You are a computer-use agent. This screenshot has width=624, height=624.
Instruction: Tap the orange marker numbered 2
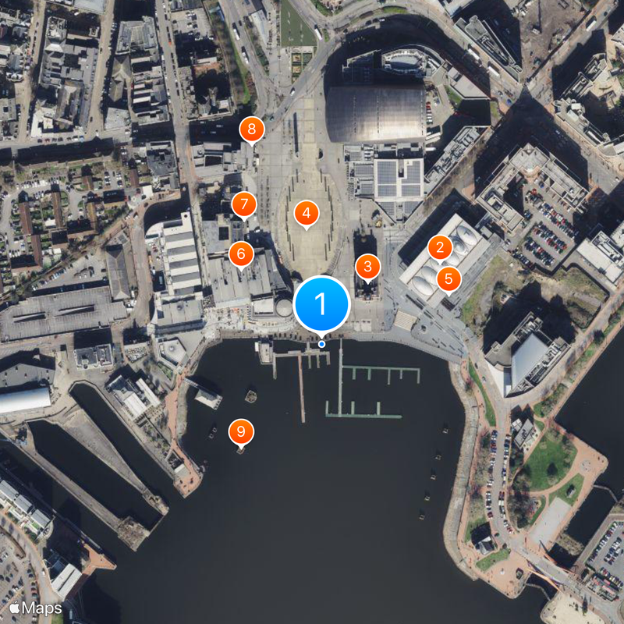(440, 249)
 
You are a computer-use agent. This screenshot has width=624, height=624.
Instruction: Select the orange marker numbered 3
(367, 267)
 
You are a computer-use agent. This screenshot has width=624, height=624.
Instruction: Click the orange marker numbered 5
(448, 278)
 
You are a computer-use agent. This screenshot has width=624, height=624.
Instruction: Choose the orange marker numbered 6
(241, 253)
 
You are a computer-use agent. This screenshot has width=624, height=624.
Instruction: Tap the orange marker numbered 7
(244, 205)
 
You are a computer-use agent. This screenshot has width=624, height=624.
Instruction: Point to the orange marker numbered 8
(251, 129)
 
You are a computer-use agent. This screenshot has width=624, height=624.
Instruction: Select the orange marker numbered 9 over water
(241, 431)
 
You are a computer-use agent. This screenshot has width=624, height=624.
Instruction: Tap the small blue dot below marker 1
(322, 344)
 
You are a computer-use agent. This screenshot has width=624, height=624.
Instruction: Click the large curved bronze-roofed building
(376, 113)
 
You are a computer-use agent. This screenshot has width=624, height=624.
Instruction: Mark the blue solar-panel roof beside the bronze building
(398, 178)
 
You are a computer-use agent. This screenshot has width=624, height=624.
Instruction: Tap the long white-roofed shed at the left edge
(23, 400)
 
